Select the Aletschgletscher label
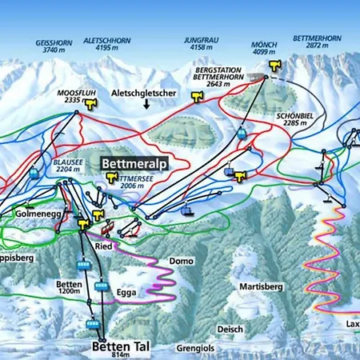click(144, 93)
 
